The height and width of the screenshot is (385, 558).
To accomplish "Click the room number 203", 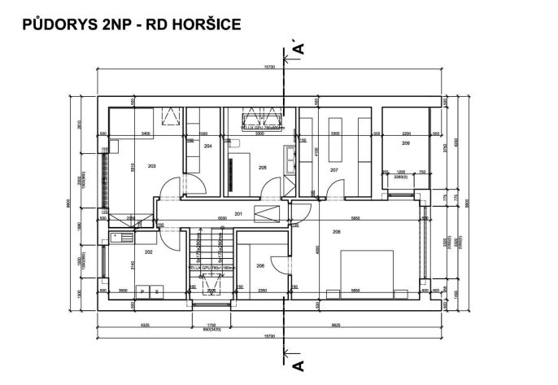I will [x=151, y=165].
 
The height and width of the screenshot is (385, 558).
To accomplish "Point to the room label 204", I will [x=208, y=146].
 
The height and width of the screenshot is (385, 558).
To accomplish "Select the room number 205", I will [x=263, y=168].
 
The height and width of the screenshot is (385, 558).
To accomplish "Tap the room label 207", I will [x=333, y=170].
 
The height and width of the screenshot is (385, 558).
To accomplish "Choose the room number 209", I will [x=405, y=143].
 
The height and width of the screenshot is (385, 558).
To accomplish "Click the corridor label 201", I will [x=239, y=214].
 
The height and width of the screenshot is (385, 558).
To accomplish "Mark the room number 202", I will [x=148, y=252].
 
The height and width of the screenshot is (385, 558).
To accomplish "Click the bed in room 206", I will [x=360, y=272].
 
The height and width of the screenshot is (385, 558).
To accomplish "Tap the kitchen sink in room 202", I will [x=122, y=237].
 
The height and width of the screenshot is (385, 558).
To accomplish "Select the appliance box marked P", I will [x=143, y=291].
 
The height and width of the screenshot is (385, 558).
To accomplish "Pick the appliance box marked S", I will [x=156, y=291].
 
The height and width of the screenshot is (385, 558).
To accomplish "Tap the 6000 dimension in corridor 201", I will [x=221, y=219].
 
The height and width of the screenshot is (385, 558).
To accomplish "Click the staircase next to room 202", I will [x=207, y=260].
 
